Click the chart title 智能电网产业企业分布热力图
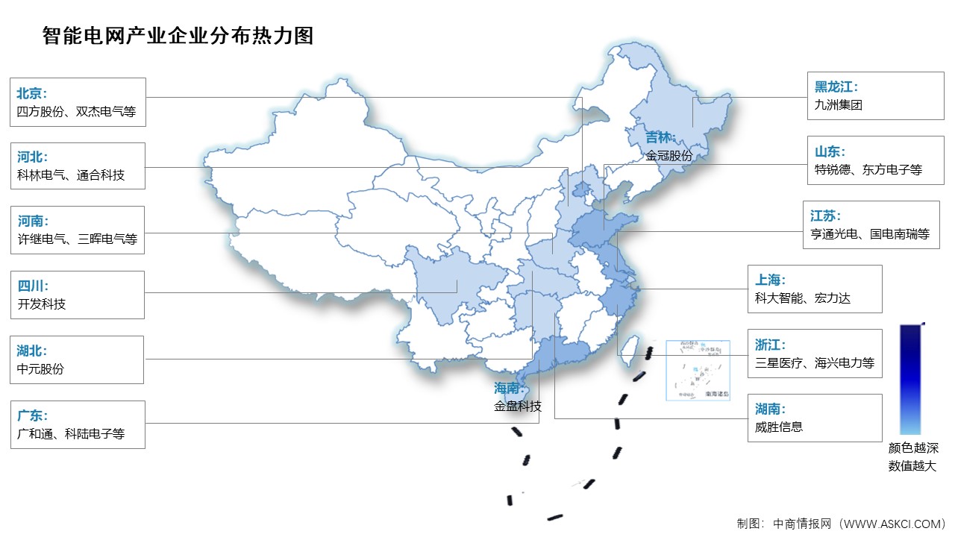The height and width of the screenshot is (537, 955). click(178, 36)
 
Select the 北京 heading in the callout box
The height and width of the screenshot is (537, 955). click(32, 93)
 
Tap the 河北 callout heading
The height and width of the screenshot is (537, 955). click(32, 157)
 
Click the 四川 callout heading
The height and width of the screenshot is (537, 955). click(32, 286)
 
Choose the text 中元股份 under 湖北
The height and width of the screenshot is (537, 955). click(40, 368)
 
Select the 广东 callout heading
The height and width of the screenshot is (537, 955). click(32, 415)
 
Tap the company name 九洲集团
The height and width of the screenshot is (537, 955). click(839, 105)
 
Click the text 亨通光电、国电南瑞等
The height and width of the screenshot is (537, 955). click(870, 233)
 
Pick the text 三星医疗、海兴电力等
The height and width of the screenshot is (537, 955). click(814, 363)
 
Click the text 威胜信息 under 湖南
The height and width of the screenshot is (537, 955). click(779, 427)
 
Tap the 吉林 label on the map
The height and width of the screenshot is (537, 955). click(660, 138)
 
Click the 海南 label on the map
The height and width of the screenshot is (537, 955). click(510, 389)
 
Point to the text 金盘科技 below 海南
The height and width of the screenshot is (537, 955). click(518, 406)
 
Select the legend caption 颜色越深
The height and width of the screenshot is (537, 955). click(912, 448)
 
